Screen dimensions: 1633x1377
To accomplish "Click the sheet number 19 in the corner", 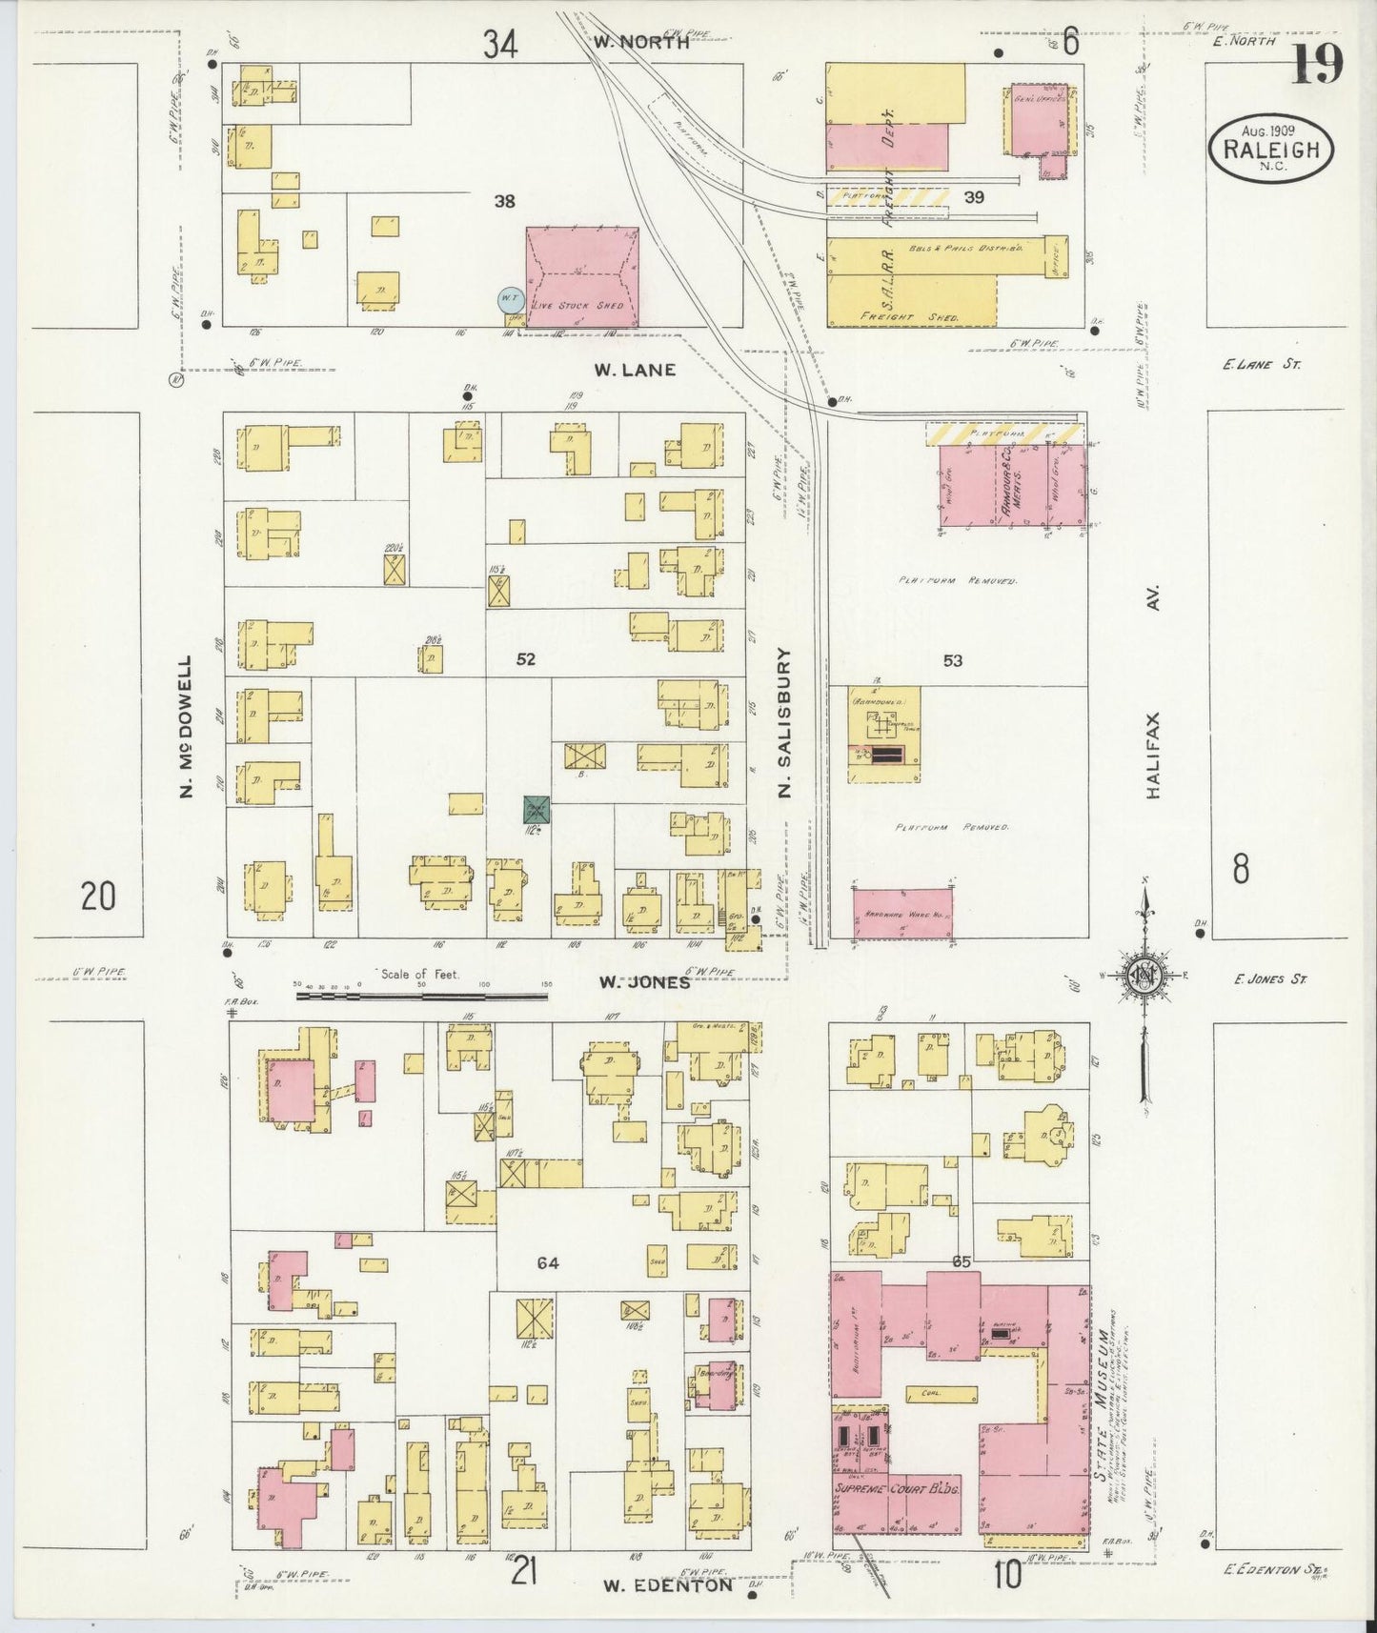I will tap(1318, 65).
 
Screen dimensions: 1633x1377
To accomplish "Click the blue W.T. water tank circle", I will tap(510, 301).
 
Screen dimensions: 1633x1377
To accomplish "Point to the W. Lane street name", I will tap(635, 370).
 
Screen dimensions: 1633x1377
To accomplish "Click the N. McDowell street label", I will tap(186, 726).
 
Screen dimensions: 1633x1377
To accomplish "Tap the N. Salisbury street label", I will tap(785, 720).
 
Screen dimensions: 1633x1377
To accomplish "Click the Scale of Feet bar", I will tap(421, 996).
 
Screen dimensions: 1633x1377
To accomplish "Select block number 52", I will tap(526, 659).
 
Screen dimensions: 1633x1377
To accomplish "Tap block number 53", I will tap(952, 660).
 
